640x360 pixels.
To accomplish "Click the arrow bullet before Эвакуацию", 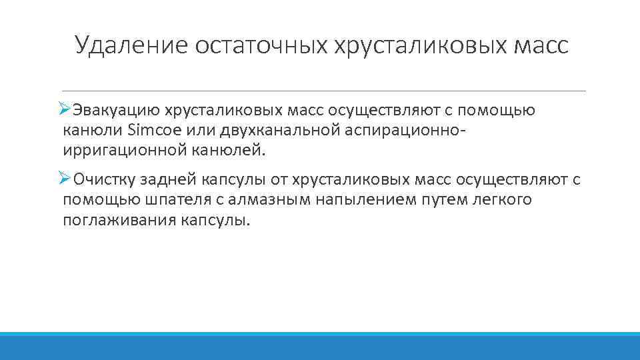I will (65, 108).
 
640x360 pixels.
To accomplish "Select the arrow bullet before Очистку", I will (65, 178).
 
